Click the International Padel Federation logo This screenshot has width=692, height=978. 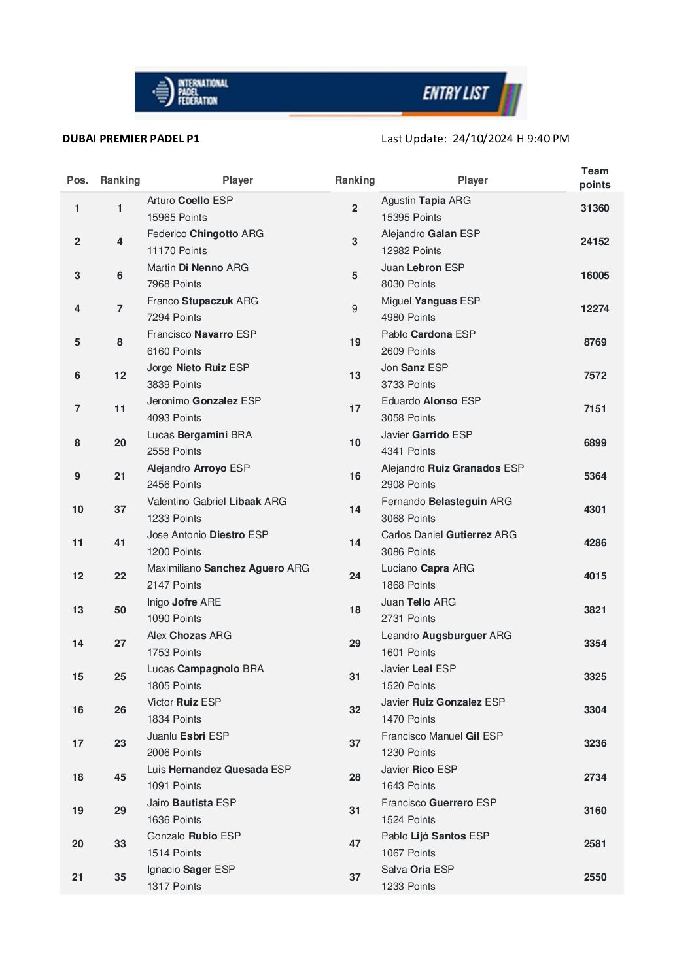coord(190,92)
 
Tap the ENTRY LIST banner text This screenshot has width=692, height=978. coord(455,93)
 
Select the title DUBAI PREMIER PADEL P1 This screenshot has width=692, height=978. coord(131,139)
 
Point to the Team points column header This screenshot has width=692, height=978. coord(595,178)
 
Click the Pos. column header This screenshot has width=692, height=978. coord(77,180)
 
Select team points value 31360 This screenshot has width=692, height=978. coord(595,208)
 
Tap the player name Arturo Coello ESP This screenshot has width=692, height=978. coord(190,201)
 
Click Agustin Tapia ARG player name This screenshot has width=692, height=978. coord(426,201)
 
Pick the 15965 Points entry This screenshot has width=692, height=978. coord(177,218)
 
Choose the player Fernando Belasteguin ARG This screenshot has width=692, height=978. coord(447,502)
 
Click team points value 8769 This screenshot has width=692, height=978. coord(595,342)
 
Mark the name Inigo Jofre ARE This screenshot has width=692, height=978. coord(184,602)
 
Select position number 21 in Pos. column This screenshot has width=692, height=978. coord(77,877)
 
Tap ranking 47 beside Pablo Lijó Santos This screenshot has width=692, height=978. coord(355,844)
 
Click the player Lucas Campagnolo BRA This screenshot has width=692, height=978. coord(205,669)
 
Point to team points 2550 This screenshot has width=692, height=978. coord(595,877)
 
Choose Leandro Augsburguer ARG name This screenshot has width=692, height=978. coord(446,636)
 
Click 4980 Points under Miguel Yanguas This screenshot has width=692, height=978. coord(408,318)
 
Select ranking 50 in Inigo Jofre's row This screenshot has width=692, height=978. coord(120,610)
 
